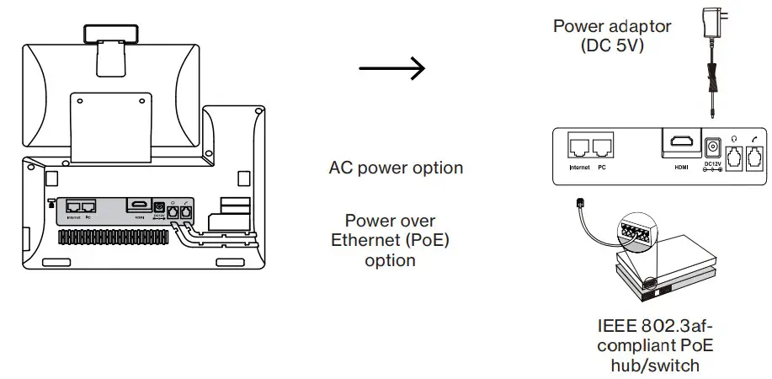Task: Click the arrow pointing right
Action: click(391, 69)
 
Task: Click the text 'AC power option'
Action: click(396, 168)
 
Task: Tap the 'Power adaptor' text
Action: click(612, 26)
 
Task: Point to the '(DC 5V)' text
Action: click(612, 45)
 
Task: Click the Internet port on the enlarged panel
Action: click(580, 147)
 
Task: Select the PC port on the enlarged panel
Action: click(602, 147)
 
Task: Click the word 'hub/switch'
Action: click(656, 366)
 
